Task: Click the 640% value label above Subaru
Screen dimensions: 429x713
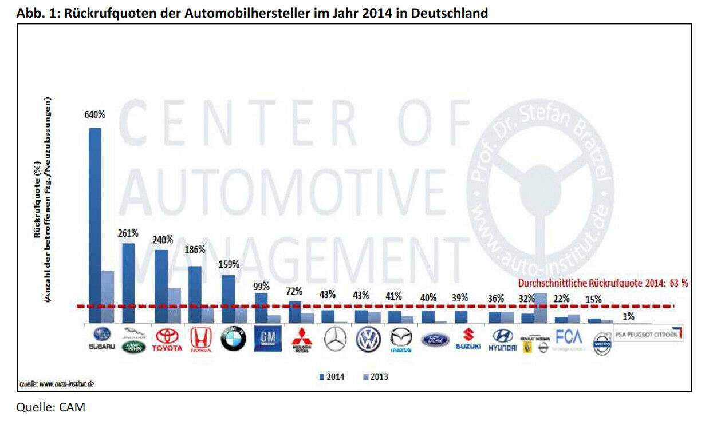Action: pos(95,114)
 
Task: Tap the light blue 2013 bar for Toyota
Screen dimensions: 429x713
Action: pos(174,306)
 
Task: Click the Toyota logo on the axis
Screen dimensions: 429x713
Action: pos(167,340)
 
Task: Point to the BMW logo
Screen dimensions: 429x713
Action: pos(233,340)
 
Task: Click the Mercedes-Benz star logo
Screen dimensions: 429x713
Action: pos(335,340)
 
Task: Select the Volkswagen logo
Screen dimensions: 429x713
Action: pos(368,340)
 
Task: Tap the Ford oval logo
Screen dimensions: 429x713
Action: pos(435,340)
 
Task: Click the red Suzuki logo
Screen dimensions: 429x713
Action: pos(468,339)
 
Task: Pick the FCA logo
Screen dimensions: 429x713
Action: pos(569,338)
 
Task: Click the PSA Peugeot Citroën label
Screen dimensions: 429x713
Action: pos(648,334)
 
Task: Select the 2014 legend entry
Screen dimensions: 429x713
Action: pos(332,377)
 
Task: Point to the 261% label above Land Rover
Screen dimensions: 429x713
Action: pos(128,233)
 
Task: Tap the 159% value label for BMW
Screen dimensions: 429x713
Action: pos(229,264)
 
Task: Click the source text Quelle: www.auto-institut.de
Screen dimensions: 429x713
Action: pos(57,384)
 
